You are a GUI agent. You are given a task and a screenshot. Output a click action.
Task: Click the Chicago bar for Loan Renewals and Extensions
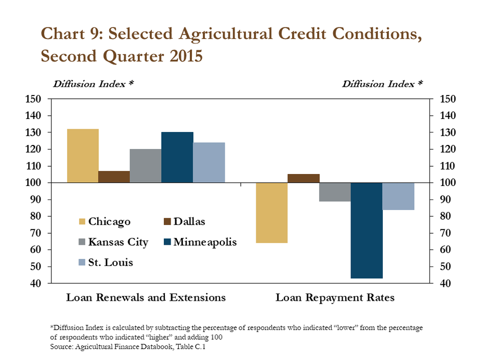(x=83, y=156)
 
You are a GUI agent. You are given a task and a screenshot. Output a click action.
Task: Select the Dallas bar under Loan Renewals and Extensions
(x=114, y=177)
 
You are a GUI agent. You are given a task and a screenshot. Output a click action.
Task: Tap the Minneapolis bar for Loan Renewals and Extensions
(x=177, y=157)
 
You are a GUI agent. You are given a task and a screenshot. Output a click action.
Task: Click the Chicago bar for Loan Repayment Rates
(x=272, y=213)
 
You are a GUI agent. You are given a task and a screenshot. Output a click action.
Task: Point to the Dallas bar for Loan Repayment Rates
(x=304, y=178)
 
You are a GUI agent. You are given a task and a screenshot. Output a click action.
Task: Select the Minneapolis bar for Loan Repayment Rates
(x=367, y=231)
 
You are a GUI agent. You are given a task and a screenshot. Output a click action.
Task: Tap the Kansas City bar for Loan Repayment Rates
(x=335, y=192)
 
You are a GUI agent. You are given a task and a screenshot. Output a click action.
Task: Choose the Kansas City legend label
(x=118, y=242)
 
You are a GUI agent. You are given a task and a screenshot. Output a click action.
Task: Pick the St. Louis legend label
(x=110, y=262)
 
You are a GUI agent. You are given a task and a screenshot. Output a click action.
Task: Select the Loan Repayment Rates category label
(x=335, y=298)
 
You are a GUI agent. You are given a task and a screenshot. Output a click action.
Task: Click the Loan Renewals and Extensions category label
(x=146, y=298)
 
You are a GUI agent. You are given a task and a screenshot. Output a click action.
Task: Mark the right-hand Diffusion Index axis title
(x=382, y=84)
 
